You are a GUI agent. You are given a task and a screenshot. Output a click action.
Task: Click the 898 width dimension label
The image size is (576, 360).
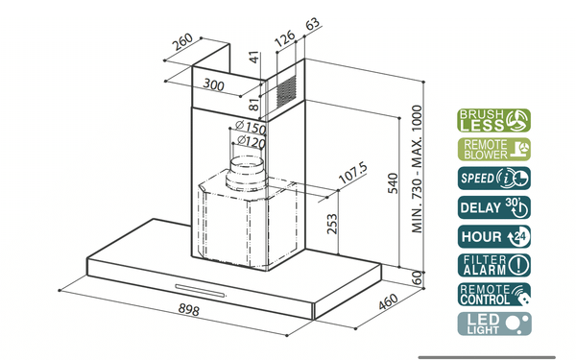pyautogui.click(x=189, y=309)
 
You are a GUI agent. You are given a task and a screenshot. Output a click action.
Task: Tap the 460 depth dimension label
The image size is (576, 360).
pyautogui.click(x=388, y=301)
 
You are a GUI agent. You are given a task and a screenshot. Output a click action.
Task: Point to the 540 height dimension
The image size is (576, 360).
pyautogui.click(x=393, y=183)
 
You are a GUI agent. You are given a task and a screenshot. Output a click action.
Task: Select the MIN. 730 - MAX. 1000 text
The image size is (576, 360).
pyautogui.click(x=417, y=169)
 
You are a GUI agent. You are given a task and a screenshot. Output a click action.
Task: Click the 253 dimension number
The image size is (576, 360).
pyautogui.click(x=332, y=224)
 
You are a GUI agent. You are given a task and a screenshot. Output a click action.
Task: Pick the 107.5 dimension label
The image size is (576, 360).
pyautogui.click(x=352, y=173)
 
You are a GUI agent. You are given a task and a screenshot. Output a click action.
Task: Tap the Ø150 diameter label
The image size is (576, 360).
pyautogui.click(x=251, y=127)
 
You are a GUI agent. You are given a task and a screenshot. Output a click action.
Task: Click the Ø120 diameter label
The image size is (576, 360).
pyautogui.click(x=252, y=141)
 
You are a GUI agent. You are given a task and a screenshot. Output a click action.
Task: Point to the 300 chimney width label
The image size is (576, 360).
pyautogui.click(x=214, y=84)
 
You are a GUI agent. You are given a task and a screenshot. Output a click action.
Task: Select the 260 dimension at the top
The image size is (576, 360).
pyautogui.click(x=182, y=42)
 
